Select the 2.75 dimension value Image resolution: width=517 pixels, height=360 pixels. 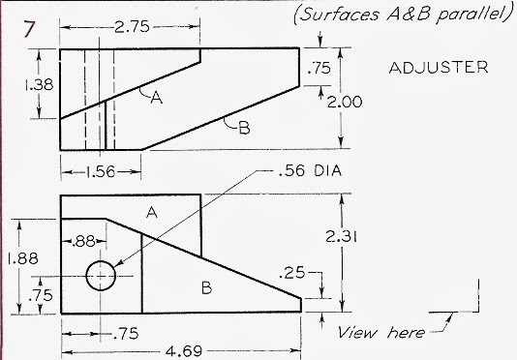click(131, 27)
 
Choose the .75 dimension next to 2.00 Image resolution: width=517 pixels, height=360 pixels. click(318, 70)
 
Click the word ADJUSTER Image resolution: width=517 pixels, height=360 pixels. click(439, 69)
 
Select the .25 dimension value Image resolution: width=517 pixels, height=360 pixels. click(293, 275)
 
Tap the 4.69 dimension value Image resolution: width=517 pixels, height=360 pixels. click(175, 350)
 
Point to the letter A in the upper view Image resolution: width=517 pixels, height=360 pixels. click(155, 99)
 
